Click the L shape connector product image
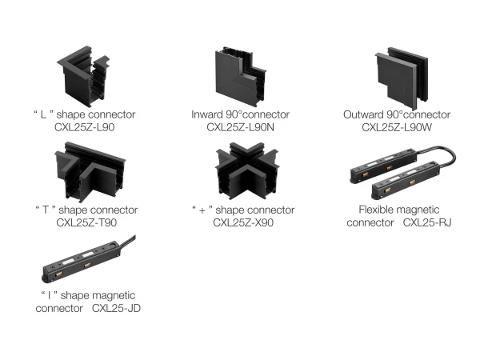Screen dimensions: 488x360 [x=83, y=77]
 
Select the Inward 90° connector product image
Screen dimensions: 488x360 [x=240, y=77]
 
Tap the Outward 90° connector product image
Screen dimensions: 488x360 [x=402, y=78]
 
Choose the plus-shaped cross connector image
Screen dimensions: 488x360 [x=247, y=171]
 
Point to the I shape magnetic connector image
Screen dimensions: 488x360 [x=89, y=259]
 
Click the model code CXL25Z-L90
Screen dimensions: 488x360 [x=84, y=127]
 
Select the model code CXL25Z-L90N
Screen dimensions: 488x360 [x=240, y=127]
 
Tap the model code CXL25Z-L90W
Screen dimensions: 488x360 [x=397, y=127]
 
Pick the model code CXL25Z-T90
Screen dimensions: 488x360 [x=86, y=222]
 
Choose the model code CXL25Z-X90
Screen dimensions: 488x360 [x=243, y=222]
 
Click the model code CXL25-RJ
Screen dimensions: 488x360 [x=427, y=222]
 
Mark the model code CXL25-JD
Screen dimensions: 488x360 [x=116, y=308]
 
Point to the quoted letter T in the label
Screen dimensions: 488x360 [x=46, y=210]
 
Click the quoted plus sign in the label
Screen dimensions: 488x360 [x=202, y=210]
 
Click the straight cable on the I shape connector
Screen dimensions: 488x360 [x=128, y=241]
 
